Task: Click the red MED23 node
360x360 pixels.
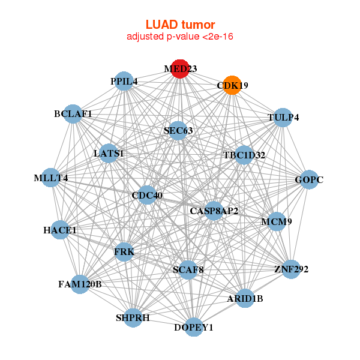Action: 180,68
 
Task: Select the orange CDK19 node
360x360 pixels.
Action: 232,85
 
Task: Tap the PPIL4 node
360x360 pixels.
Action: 124,81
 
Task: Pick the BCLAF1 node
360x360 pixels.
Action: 73,113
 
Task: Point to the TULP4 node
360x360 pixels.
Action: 283,117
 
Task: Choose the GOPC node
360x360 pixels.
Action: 309,179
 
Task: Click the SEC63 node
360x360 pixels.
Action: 178,130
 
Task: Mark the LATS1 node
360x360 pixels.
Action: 109,154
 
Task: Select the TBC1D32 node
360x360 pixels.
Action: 244,155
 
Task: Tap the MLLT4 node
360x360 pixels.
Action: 51,178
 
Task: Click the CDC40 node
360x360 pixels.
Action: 147,195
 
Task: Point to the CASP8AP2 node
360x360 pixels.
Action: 214,211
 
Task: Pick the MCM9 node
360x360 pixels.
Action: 276,221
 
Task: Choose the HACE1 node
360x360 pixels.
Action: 60,230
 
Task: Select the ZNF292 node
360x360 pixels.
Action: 291,269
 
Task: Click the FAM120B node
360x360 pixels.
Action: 80,283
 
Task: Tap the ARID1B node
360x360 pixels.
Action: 245,298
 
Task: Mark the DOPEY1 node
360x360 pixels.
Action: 193,327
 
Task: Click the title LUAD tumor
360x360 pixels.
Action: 180,25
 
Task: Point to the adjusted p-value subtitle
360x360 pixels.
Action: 180,37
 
